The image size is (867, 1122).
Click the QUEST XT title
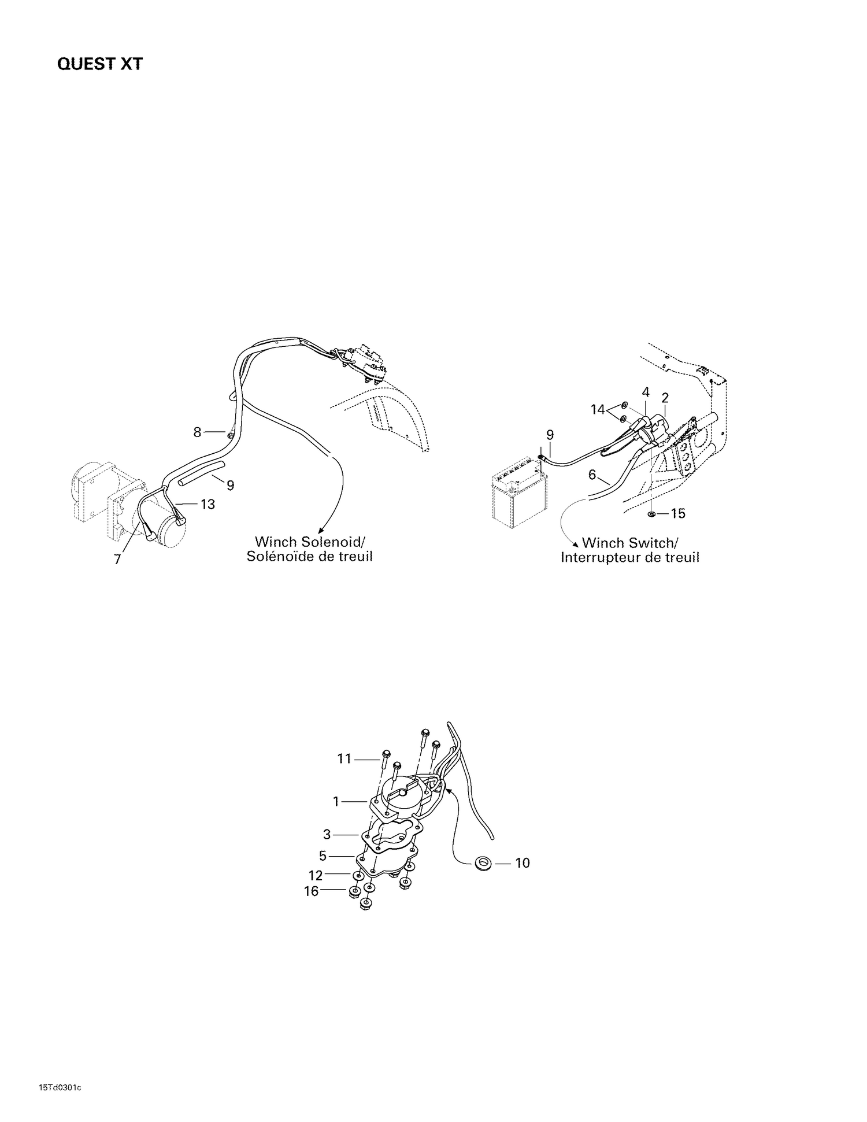[99, 64]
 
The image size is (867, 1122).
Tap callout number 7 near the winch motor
[117, 560]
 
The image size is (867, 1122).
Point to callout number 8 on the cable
[197, 432]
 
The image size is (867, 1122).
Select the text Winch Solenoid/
[310, 542]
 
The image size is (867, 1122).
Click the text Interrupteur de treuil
[629, 558]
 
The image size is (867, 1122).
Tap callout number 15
[677, 513]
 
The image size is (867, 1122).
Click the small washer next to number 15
[652, 513]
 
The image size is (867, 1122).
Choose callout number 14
[598, 409]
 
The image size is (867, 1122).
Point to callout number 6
[592, 475]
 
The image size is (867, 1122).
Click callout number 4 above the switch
[646, 392]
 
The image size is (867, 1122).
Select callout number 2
[665, 398]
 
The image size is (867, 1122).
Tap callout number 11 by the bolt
[344, 758]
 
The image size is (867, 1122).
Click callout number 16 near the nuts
[311, 891]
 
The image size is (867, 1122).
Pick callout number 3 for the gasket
[327, 835]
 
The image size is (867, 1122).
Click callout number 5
[323, 856]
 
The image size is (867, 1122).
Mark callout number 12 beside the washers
[315, 876]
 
